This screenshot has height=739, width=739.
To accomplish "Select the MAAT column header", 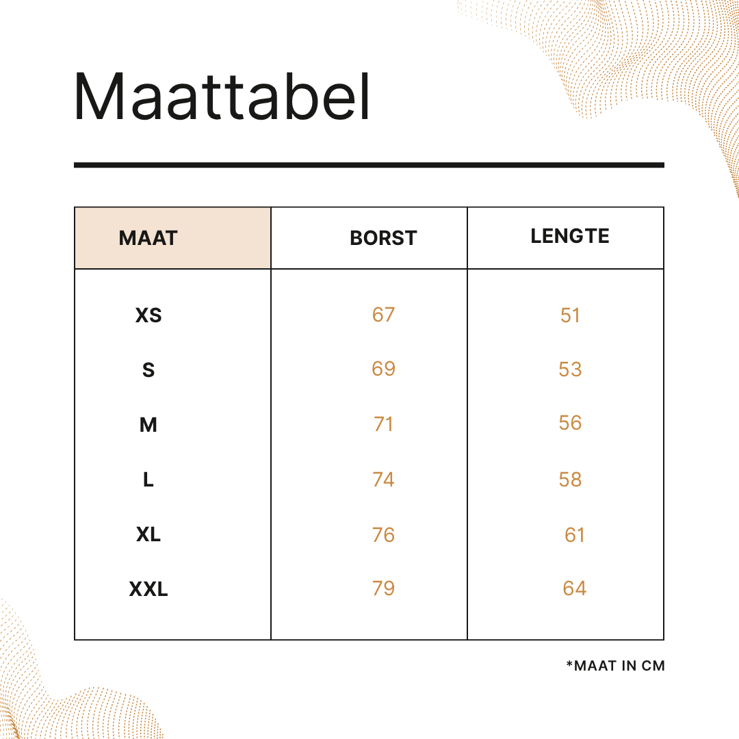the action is pos(148,238).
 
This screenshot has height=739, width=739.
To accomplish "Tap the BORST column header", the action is pos(383,238).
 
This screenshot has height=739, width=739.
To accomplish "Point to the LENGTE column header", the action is pos(570,236).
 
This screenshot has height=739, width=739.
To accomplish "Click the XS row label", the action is pos(148,315).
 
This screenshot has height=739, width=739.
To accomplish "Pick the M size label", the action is pos(148,425).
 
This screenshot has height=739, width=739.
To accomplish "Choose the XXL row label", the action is pos(148,589).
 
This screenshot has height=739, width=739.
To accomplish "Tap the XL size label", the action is pos(148,534).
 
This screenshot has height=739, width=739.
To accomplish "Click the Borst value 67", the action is pos(383,314).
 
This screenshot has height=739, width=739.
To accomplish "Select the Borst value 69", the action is pos(383,369).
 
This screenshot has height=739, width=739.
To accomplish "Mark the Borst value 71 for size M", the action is pos(383,424).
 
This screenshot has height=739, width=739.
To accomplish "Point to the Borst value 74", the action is pos(383,479).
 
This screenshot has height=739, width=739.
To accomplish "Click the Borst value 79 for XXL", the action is pos(383,588).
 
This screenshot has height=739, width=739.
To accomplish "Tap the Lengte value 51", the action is pos(570,315).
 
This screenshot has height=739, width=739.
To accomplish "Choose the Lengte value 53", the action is pos(570,369).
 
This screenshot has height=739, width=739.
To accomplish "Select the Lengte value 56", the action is pos(570,423).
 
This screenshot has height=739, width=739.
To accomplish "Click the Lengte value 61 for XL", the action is pos(575,535).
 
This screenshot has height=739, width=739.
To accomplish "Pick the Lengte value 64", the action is pos(575,588).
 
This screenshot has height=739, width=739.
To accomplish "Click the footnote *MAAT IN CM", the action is pos(616,666).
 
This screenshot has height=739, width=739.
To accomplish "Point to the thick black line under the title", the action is pos(369,165).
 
